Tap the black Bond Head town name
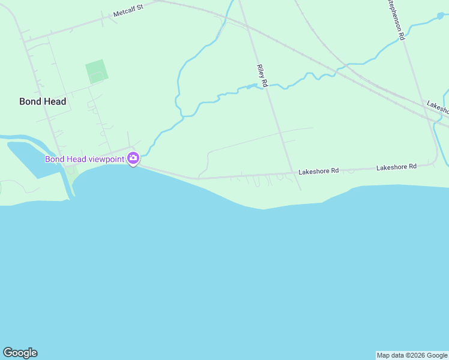[43, 101]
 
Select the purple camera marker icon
[133, 159]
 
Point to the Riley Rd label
[261, 76]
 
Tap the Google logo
[20, 353]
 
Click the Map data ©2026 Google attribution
[412, 355]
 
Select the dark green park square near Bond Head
[97, 71]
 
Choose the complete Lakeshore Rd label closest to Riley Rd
[319, 171]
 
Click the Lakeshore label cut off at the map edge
[438, 106]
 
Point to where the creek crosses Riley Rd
[265, 86]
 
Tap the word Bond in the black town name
[30, 101]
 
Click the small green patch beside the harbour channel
[71, 171]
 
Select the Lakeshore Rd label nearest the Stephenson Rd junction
[396, 167]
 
